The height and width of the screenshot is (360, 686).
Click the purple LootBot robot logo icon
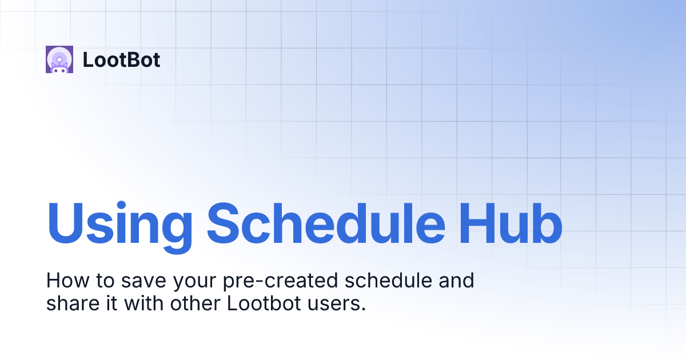coord(59,59)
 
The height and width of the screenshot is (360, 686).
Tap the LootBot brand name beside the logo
coord(121,60)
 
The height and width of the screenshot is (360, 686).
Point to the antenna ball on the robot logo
coord(59,57)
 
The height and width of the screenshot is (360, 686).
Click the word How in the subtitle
coord(64,281)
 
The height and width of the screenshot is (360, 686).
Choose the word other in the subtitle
coord(196,303)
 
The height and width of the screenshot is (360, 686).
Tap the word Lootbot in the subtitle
coord(264,303)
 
